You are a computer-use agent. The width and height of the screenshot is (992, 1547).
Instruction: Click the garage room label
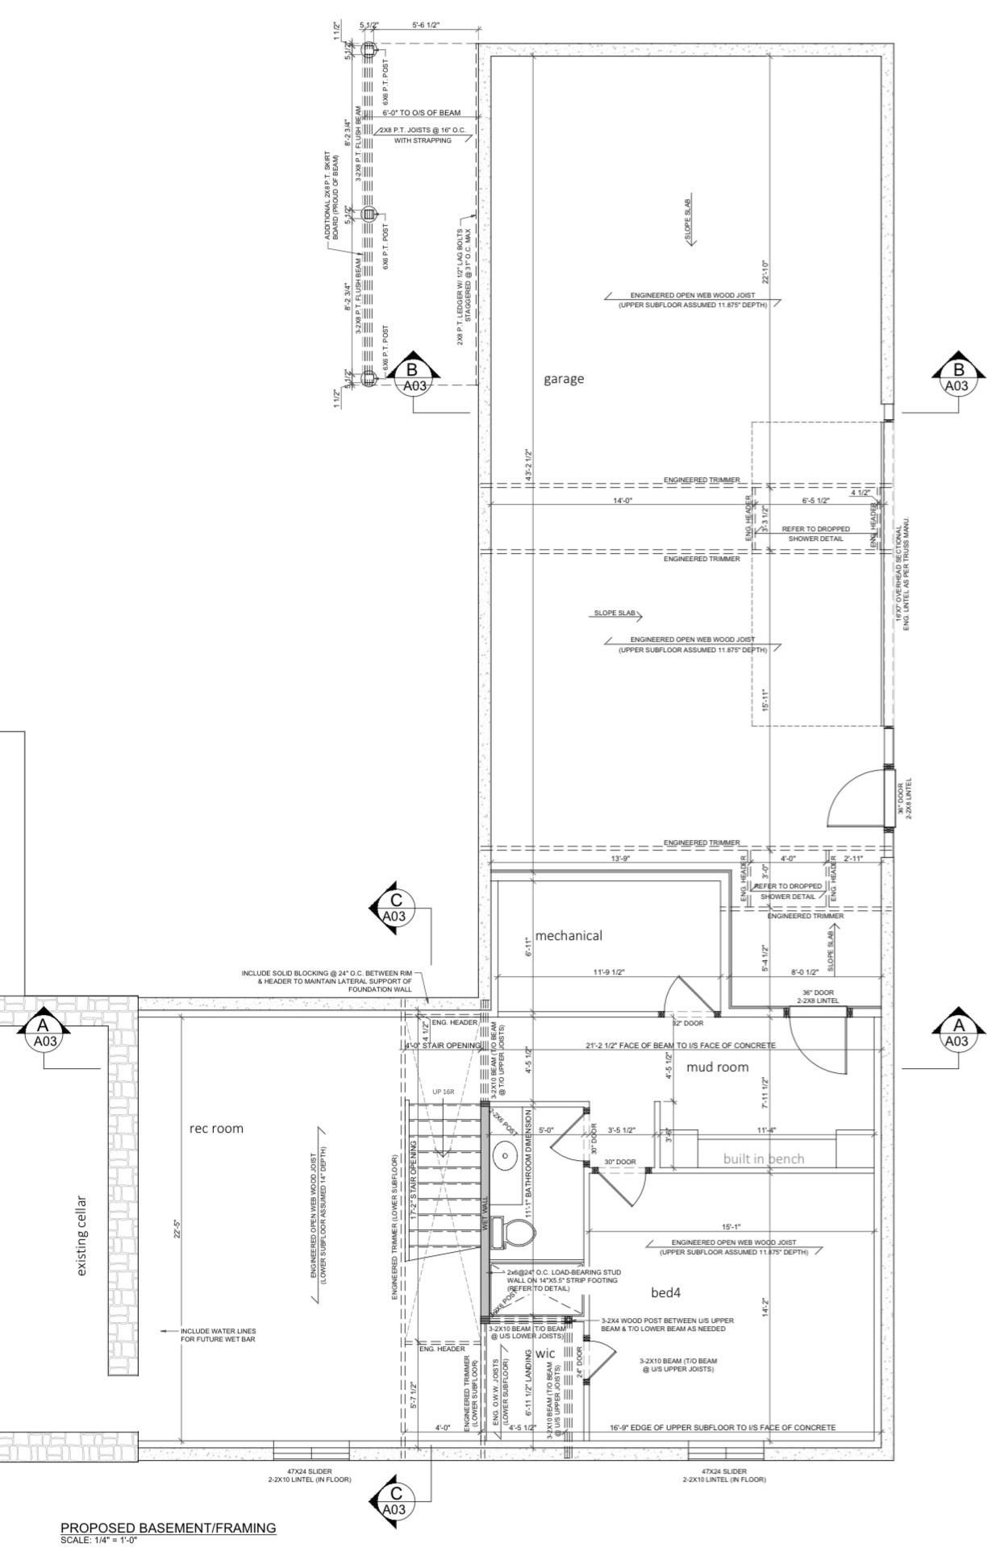[563, 379]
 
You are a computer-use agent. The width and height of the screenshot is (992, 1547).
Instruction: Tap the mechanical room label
[569, 936]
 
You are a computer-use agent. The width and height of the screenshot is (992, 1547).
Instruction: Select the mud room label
[717, 1067]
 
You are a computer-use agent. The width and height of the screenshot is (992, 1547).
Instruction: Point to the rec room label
[215, 1129]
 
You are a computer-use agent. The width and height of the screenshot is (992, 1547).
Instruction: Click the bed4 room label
[666, 1293]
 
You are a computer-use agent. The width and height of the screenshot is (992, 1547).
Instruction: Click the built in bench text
[763, 1159]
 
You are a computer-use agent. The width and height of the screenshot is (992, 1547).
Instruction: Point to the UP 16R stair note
[443, 1092]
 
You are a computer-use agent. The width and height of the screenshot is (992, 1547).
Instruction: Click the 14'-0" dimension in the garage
[622, 501]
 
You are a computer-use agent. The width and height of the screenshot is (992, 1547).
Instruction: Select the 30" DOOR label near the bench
[620, 1162]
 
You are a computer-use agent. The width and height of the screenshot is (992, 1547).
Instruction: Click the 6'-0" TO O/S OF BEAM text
[421, 113]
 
